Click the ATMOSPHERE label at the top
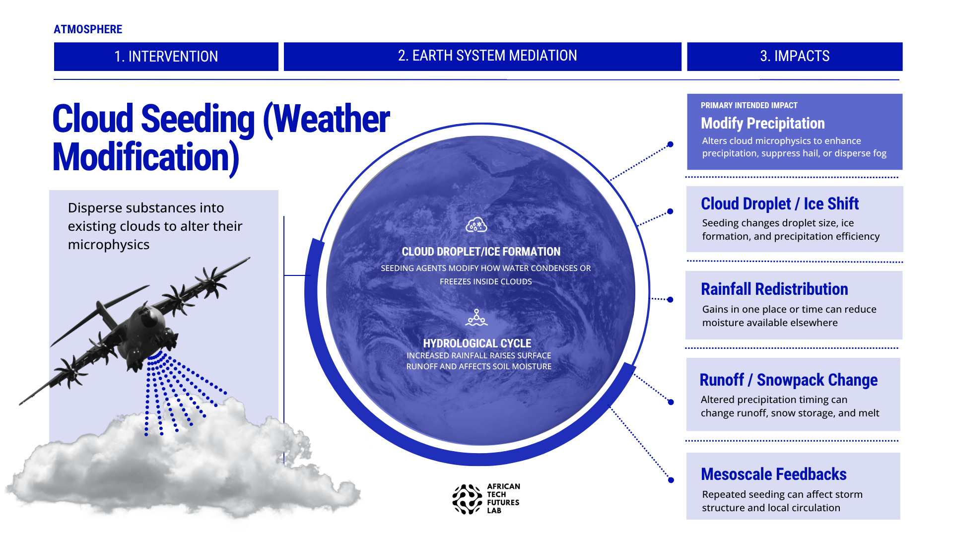[x=88, y=29]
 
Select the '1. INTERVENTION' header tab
[x=166, y=57]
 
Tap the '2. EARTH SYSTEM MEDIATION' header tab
[x=482, y=56]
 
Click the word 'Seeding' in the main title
[x=198, y=119]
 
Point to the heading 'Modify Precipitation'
[x=763, y=123]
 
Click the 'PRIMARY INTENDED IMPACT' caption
[x=749, y=105]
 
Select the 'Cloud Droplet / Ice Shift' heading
[x=780, y=203]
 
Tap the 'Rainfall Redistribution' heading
[x=774, y=289]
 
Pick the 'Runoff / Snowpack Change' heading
[x=789, y=380]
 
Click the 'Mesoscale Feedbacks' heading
[x=774, y=474]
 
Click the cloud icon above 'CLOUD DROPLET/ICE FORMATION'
[x=476, y=225]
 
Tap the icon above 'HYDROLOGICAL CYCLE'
[x=476, y=318]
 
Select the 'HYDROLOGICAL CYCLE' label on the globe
[x=477, y=343]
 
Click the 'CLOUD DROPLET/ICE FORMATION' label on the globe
[x=481, y=252]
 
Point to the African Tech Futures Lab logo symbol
[x=467, y=499]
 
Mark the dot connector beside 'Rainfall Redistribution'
[x=670, y=299]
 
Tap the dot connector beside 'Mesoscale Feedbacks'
[x=671, y=480]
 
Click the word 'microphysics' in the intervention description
[x=109, y=245]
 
